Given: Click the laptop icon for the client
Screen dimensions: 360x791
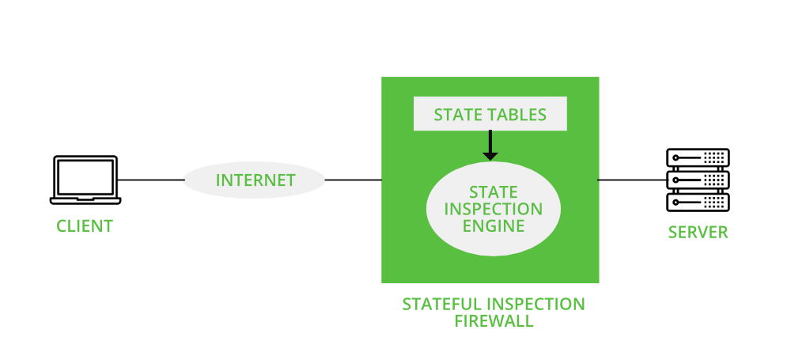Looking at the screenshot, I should coord(84,180).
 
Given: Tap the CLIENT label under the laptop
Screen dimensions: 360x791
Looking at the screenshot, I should coord(85,226).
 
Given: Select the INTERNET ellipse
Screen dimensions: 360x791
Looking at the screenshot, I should coord(255,180).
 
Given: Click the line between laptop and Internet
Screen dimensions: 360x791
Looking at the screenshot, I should coord(151,180).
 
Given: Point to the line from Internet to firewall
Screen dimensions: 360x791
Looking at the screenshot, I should coord(353,180).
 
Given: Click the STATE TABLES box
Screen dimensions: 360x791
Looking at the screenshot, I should coord(490,115).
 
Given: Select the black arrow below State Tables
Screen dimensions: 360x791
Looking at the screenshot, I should coord(490,146).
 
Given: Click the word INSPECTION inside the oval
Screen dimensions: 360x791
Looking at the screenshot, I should coord(493,210).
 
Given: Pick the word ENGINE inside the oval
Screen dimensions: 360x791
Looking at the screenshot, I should coord(493,226).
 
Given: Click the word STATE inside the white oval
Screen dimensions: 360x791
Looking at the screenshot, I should coord(493,192).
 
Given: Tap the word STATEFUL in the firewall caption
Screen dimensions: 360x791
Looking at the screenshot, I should coord(438,305).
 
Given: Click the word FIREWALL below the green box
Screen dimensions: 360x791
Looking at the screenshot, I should coord(494,321).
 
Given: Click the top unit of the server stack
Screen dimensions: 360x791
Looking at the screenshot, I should coord(698,157).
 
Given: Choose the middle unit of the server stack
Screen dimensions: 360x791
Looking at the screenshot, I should coord(698,180).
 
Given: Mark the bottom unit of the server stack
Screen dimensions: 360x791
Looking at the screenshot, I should coord(698,202).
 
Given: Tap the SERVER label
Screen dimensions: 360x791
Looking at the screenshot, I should coord(698,233).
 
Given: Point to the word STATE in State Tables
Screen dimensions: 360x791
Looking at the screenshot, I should coord(456,115).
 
